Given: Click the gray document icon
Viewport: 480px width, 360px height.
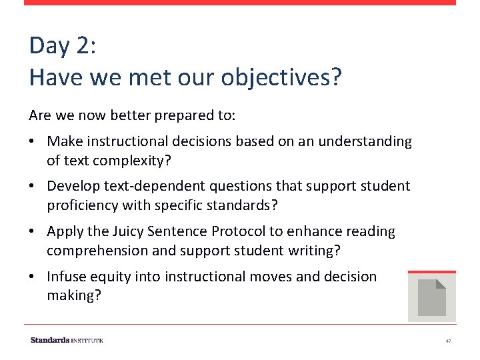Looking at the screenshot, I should (431, 297).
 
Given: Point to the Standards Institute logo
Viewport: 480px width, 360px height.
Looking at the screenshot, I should (67, 340).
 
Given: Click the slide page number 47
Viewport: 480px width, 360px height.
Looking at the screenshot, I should (448, 341).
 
